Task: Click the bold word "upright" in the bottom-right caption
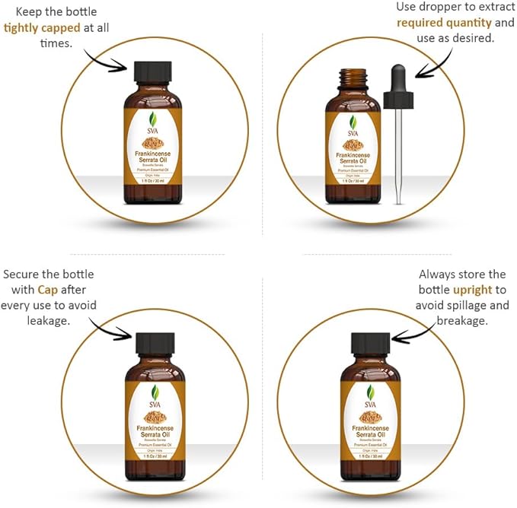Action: tap(474, 290)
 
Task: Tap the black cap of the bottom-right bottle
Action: tap(371, 343)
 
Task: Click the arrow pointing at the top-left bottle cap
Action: tap(107, 59)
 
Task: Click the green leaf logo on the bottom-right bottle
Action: tap(371, 391)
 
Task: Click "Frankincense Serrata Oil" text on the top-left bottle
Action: tap(155, 157)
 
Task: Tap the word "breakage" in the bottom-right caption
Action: tap(461, 321)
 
